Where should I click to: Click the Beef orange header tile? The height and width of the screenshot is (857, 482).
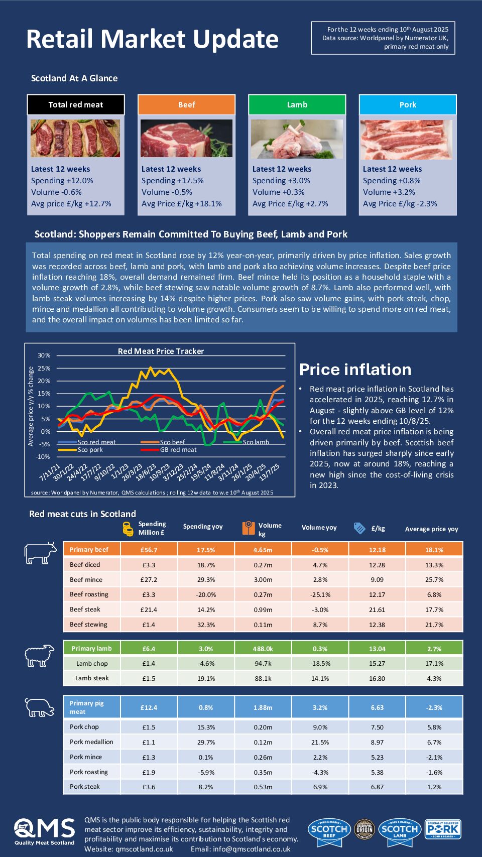point(186,104)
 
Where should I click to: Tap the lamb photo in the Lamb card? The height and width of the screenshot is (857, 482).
point(297,139)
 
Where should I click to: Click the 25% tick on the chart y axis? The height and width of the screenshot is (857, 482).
point(44,368)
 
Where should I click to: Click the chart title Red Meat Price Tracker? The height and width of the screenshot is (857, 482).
point(161,351)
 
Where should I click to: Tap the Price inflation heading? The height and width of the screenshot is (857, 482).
point(355,370)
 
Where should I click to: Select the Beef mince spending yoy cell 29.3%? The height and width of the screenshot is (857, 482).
point(206,579)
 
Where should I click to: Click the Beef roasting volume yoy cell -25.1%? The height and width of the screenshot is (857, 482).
point(320,594)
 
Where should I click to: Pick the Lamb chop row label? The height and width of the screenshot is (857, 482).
point(92,663)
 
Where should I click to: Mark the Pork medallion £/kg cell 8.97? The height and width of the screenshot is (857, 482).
point(377,742)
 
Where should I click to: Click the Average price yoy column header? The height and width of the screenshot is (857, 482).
point(431,529)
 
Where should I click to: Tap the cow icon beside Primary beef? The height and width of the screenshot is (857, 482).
point(41,553)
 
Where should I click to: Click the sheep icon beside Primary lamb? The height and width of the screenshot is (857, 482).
point(40,655)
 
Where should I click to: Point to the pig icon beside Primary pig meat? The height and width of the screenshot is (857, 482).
point(40,707)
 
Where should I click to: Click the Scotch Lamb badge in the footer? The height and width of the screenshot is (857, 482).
point(400,829)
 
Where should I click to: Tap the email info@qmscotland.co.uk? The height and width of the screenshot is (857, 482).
point(240,849)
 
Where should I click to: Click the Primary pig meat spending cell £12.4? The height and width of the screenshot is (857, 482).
point(149,707)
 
